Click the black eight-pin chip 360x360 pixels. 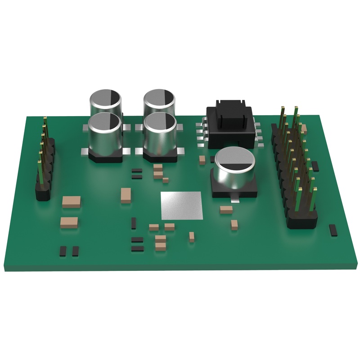(229, 126)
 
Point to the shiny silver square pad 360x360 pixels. (181, 206)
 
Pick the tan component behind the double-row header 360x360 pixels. (304, 129)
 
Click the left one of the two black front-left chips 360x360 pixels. (63, 251)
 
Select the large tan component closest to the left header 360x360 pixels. (72, 201)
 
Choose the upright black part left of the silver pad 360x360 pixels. (134, 222)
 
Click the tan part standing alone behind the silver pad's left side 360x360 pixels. (126, 194)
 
